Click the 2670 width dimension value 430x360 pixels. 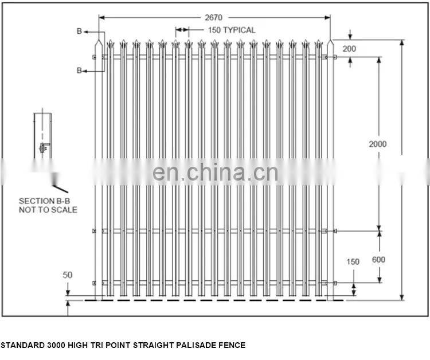point(213,18)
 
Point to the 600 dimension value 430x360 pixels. point(378,260)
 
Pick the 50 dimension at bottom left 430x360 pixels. point(68,275)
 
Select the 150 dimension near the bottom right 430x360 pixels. point(353,262)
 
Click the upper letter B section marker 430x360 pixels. point(79,32)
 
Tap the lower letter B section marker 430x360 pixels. point(79,71)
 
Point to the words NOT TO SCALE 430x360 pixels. point(48,210)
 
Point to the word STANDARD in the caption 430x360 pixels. point(20,345)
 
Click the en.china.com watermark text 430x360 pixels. point(215,172)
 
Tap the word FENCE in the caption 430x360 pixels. point(233,345)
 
